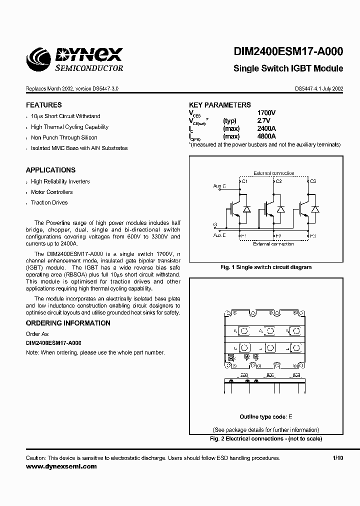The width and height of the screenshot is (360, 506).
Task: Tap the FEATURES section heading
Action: pos(44,105)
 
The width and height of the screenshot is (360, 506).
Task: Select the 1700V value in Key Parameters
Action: pos(266,113)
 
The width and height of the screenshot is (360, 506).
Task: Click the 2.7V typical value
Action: pos(263,121)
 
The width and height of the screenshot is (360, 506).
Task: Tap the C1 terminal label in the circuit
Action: pos(244,181)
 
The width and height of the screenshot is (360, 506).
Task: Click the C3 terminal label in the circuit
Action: pos(313,181)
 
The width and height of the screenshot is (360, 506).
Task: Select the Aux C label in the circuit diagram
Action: pos(219,186)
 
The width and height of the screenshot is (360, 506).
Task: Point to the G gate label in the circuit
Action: pos(215,224)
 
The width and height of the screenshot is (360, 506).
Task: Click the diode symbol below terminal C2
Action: pos(280,208)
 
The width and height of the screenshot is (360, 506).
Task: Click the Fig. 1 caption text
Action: pos(266,267)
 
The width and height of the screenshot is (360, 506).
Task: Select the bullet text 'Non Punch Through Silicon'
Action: pos(64,137)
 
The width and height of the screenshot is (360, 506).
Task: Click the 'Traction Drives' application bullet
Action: pos(49,202)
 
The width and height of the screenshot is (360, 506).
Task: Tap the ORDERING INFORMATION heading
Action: pos(68,323)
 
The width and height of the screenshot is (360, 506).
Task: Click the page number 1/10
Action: pos(338,458)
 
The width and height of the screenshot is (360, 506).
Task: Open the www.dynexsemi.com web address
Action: pos(61,466)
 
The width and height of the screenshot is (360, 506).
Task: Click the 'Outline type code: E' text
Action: pos(266,416)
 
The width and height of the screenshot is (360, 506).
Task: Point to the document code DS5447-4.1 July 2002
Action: pos(318,88)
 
